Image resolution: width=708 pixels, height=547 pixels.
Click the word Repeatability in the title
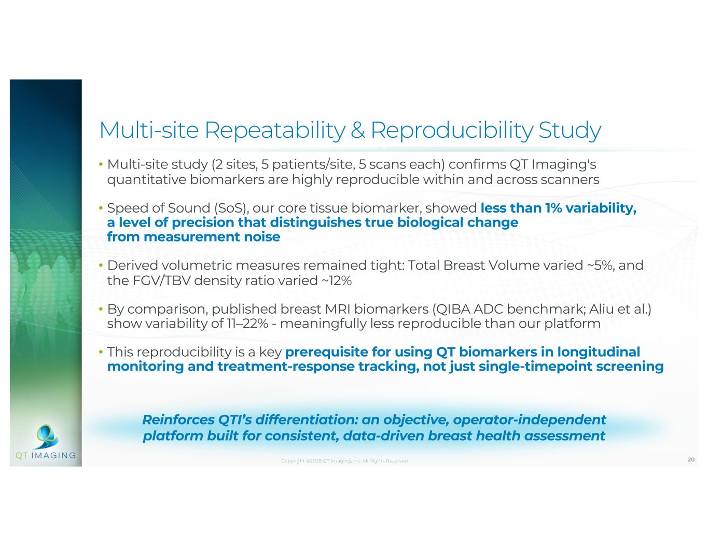point(274,131)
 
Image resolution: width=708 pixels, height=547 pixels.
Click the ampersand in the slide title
point(357,130)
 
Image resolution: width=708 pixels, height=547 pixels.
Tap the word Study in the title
point(570,131)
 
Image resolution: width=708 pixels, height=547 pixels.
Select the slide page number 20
point(691,459)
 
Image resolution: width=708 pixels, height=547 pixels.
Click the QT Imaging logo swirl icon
point(47,437)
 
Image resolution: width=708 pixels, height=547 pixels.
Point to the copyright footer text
point(345,461)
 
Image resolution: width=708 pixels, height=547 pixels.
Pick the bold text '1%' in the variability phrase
point(553,208)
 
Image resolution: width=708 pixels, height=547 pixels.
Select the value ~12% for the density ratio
point(337,280)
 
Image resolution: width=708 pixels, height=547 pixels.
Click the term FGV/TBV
point(161,280)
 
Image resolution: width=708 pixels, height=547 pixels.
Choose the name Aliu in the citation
point(602,308)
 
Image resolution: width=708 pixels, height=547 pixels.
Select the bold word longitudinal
point(599,352)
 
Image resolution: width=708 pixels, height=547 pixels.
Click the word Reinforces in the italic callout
point(178,419)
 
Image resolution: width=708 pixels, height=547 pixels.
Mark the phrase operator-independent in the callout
point(530,420)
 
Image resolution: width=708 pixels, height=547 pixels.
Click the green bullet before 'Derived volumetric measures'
point(101,265)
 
